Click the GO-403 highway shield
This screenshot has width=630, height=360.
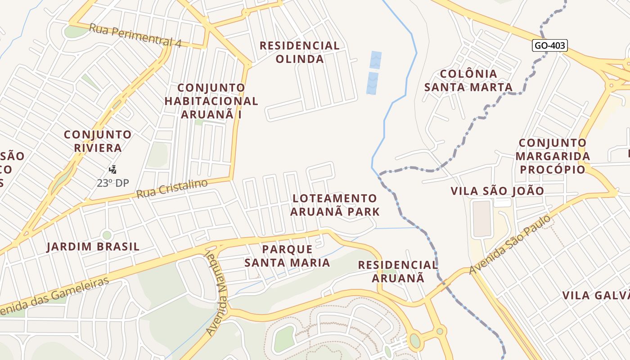[549, 45]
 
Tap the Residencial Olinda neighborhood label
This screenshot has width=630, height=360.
[299, 52]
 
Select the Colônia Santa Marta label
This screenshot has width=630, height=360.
[468, 80]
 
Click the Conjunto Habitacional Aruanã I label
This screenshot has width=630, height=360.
[211, 101]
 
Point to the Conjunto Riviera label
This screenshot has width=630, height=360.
[98, 141]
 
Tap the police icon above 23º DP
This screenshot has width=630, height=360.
[113, 170]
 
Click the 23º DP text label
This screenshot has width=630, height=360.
[113, 183]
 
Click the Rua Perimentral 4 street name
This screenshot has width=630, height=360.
[135, 36]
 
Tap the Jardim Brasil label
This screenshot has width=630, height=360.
[93, 247]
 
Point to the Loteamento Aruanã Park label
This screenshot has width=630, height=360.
[335, 205]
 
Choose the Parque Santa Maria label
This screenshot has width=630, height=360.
[287, 256]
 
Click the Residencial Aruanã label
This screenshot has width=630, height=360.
[398, 271]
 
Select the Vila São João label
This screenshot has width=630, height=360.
[497, 191]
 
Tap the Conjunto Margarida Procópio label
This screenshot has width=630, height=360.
[553, 156]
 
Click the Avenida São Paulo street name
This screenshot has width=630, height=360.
[510, 245]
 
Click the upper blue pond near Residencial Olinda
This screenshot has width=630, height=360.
[375, 60]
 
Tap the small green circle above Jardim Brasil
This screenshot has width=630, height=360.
[107, 235]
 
